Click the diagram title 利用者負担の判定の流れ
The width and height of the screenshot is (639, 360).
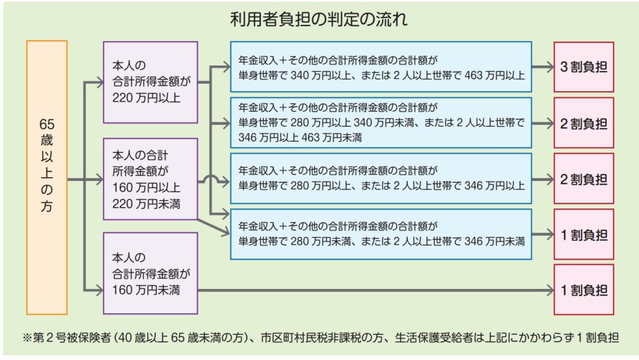click(319, 19)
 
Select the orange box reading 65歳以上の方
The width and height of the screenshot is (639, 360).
click(47, 178)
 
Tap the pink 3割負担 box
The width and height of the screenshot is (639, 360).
click(583, 67)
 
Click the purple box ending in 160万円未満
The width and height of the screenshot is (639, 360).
click(150, 273)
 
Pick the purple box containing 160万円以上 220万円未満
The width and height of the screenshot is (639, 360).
click(150, 179)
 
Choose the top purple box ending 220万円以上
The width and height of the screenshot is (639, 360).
click(150, 82)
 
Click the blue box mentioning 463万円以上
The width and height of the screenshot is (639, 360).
click(381, 67)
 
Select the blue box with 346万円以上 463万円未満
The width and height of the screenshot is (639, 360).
click(381, 122)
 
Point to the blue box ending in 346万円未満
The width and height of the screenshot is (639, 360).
click(381, 234)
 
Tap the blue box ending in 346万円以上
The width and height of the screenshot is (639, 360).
click(381, 178)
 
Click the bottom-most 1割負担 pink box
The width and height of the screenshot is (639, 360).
click(583, 289)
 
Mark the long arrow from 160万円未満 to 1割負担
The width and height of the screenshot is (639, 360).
click(376, 290)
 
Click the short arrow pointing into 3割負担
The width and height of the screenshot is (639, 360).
click(543, 67)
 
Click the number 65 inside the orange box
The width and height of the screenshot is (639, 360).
click(47, 124)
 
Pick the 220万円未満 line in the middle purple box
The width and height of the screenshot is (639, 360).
click(146, 203)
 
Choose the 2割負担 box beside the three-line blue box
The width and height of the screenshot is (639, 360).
click(583, 122)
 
